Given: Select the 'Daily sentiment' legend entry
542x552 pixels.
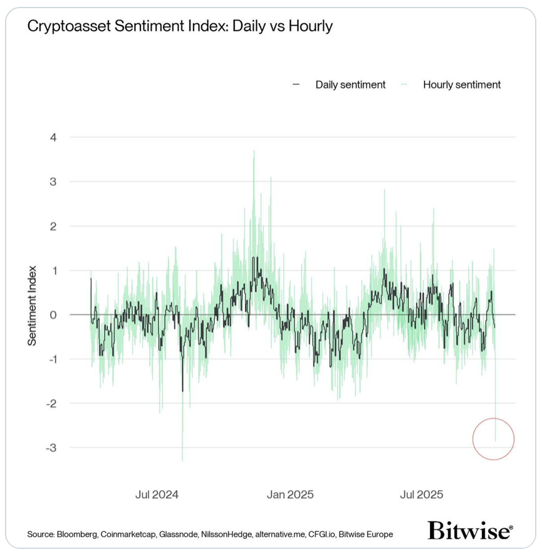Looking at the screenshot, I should coord(350,85).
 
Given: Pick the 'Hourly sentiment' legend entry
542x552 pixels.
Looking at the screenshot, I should coord(461,85).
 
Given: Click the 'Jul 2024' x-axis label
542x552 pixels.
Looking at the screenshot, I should coord(157,494).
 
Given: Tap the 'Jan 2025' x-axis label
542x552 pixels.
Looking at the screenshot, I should coord(290,494).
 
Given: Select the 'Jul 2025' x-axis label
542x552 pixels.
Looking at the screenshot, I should coord(421,494).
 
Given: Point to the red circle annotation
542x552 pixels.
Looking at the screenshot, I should coord(494,438).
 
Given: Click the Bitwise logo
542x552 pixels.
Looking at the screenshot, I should coord(470,531).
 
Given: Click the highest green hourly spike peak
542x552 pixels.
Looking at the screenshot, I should coord(254,151).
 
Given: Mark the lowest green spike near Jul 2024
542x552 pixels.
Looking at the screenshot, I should coord(182,460).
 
